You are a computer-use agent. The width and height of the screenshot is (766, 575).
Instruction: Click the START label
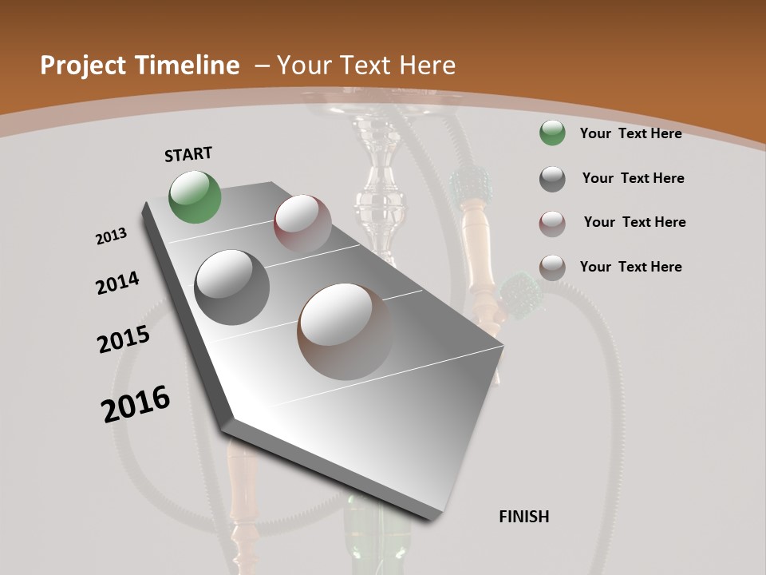point(188,154)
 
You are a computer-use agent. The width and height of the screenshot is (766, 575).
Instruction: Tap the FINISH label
point(524,517)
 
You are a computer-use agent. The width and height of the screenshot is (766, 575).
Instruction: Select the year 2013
point(112,236)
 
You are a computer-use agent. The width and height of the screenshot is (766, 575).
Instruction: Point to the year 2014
point(117,284)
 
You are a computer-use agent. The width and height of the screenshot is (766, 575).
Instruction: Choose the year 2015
point(124,339)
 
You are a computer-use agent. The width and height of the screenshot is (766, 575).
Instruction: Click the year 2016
point(136,403)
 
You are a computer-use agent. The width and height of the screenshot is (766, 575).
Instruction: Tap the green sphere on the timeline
point(195,196)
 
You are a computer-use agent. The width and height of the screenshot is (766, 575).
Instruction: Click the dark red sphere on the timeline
point(302,224)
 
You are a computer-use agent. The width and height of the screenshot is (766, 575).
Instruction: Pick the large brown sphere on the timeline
point(345,331)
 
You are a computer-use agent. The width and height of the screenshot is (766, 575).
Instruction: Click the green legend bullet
point(552,133)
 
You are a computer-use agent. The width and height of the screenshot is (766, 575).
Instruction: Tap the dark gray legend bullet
point(552,179)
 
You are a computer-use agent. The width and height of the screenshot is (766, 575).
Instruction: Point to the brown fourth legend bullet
point(552,268)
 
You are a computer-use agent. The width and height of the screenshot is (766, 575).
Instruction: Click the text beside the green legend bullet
point(630,133)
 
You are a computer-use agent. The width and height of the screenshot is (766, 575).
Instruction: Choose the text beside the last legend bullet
point(630,267)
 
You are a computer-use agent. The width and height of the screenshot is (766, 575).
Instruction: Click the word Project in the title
point(84,65)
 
